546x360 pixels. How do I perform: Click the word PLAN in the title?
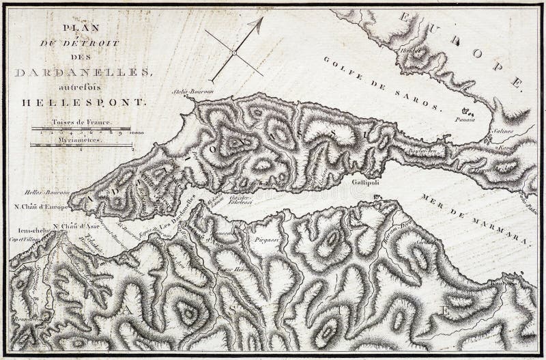coord(81,28)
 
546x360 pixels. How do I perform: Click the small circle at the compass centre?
coord(233,52)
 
